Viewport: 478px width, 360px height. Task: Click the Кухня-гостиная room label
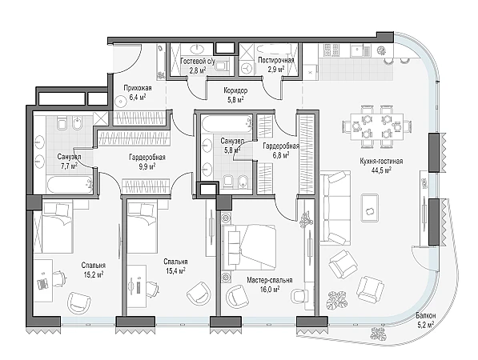pyautogui.click(x=381, y=161)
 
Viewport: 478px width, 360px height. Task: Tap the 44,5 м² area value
pyautogui.click(x=381, y=170)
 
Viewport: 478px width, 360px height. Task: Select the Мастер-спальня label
pyautogui.click(x=270, y=280)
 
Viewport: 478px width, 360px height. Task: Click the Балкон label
pyautogui.click(x=426, y=315)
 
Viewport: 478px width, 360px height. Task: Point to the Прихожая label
pyautogui.click(x=138, y=88)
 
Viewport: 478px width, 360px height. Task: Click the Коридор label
pyautogui.click(x=235, y=90)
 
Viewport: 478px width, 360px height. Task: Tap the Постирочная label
pyautogui.click(x=276, y=60)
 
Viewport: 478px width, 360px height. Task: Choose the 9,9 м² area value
pyautogui.click(x=147, y=166)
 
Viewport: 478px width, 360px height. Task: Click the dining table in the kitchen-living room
pyautogui.click(x=377, y=126)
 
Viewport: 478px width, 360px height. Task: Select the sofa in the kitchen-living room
pyautogui.click(x=335, y=208)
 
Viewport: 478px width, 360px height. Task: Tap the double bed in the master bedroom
pyautogui.click(x=249, y=247)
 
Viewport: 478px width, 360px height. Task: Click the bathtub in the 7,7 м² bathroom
pyautogui.click(x=70, y=184)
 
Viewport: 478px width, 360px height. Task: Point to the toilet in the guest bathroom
pyautogui.click(x=222, y=66)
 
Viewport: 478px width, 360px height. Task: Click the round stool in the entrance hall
pyautogui.click(x=120, y=101)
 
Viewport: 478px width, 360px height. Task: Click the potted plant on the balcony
pyautogui.click(x=378, y=334)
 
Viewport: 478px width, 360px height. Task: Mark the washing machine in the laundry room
pyautogui.click(x=247, y=67)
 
